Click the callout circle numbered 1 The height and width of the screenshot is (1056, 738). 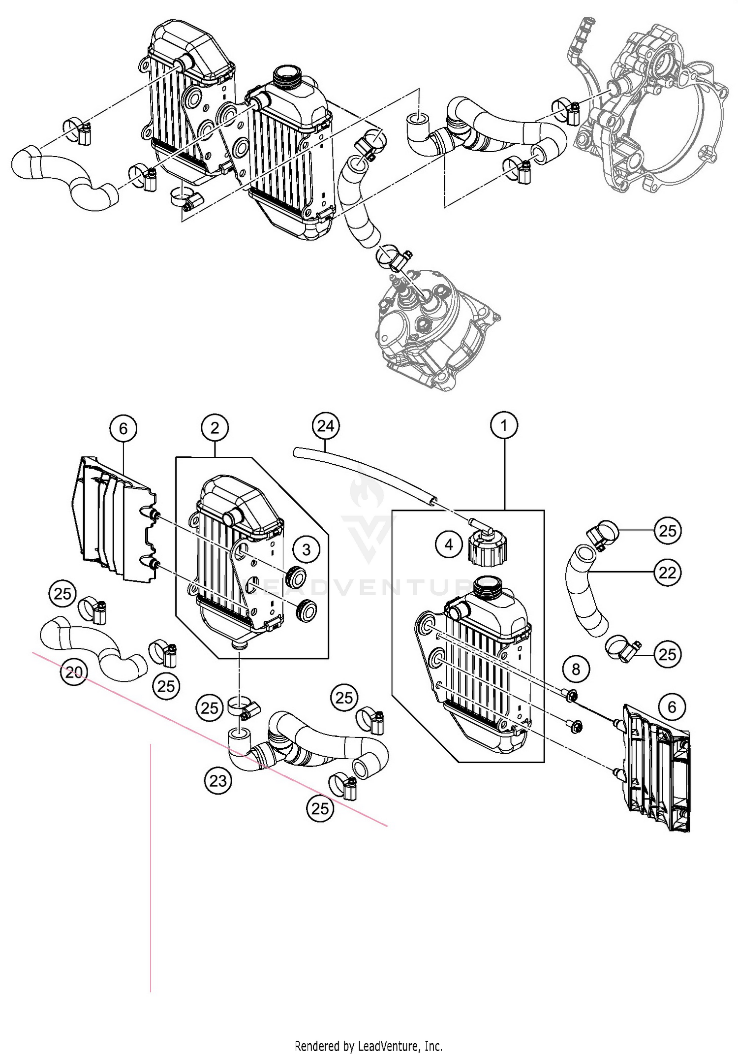tap(504, 425)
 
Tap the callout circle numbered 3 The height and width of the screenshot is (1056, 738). tap(307, 549)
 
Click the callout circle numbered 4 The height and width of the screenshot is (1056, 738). tap(449, 544)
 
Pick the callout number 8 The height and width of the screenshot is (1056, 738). tap(576, 669)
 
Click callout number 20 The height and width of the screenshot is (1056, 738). tap(74, 672)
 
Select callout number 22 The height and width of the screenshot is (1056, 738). tap(667, 572)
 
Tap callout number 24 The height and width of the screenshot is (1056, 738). tap(326, 426)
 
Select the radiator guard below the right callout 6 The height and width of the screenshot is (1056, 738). tap(657, 768)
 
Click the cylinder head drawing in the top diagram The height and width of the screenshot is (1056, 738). tap(433, 330)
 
